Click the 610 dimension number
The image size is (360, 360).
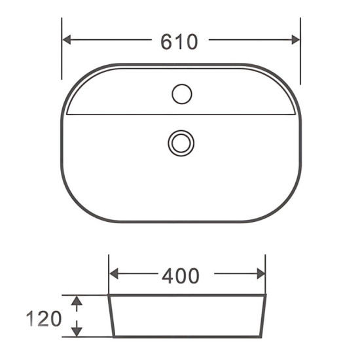(x=179, y=41)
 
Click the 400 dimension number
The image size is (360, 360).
(x=180, y=276)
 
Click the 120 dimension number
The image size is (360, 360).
(x=44, y=319)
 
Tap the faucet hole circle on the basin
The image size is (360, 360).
(x=181, y=94)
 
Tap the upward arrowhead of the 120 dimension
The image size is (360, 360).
(x=77, y=301)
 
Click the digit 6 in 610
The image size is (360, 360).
(x=166, y=41)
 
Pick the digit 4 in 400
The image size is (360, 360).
(x=168, y=276)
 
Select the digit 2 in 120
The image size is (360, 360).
(x=44, y=319)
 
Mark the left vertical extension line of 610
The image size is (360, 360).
(x=62, y=52)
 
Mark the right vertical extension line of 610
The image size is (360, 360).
(x=300, y=52)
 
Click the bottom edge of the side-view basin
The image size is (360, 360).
(x=187, y=337)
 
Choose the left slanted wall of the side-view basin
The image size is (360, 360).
(x=111, y=316)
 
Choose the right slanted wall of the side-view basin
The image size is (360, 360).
(x=264, y=316)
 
